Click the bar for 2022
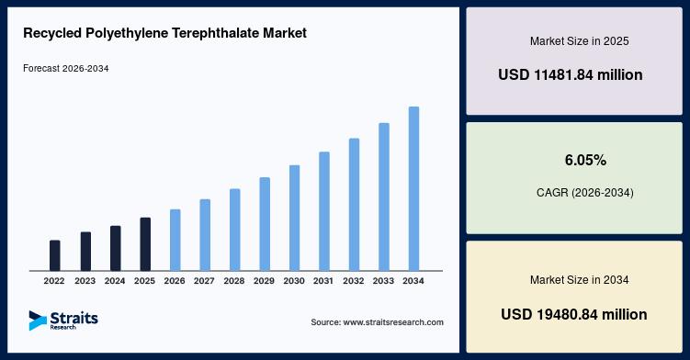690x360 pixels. click(54, 255)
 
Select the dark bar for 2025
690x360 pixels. click(145, 244)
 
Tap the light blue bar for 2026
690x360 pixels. click(175, 240)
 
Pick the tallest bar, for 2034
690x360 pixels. click(413, 188)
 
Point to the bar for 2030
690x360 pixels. click(294, 218)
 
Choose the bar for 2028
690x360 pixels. click(235, 230)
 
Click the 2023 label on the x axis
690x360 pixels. click(85, 281)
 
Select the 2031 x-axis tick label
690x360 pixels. click(323, 281)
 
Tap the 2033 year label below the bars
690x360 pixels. click(383, 281)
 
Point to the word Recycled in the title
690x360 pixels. click(52, 33)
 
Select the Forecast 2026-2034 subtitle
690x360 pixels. click(66, 68)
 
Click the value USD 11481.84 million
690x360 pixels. click(571, 74)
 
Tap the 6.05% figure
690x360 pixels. click(585, 160)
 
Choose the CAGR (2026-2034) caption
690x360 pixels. click(585, 193)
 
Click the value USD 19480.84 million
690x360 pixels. click(574, 314)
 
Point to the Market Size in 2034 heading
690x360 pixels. click(579, 280)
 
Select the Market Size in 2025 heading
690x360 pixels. click(579, 41)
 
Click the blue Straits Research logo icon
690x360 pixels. click(38, 321)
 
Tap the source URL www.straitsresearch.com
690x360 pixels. click(393, 322)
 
